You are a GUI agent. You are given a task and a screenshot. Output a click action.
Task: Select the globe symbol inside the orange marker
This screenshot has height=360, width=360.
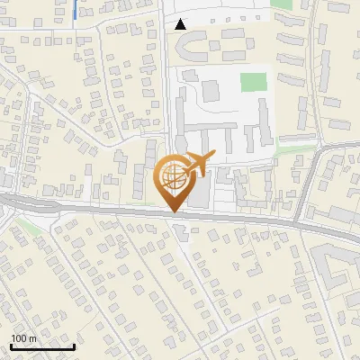pyautogui.click(x=173, y=176)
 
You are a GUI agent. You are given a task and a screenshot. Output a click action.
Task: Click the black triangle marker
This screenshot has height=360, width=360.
pyautogui.click(x=181, y=24)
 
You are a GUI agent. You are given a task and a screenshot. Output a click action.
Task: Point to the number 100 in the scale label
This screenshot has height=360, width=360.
pyautogui.click(x=19, y=338)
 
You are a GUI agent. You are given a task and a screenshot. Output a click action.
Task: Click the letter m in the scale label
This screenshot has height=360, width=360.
pyautogui.click(x=31, y=338)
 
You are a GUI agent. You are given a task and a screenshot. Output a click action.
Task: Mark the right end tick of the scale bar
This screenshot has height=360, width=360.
pyautogui.click(x=74, y=346)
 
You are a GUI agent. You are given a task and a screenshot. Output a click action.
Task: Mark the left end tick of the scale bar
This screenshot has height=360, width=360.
pyautogui.click(x=10, y=346)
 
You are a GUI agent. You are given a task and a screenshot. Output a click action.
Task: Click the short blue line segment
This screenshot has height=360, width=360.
pyautogui.click(x=73, y=10)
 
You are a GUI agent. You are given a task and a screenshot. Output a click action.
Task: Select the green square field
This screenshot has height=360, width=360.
pyautogui.click(x=254, y=82)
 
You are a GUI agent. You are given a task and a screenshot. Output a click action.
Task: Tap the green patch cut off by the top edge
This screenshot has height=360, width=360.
pyautogui.click(x=282, y=4)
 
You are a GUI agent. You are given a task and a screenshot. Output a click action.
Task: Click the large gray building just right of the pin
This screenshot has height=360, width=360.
pyautogui.click(x=200, y=189)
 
